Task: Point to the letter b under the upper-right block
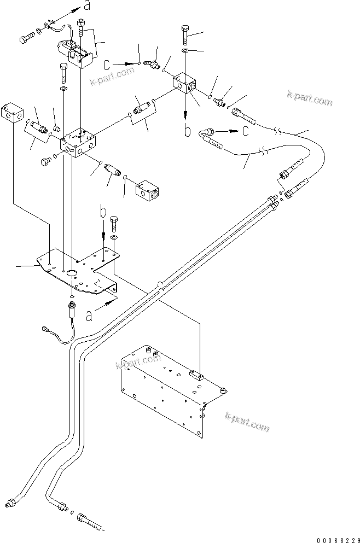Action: tap(187, 131)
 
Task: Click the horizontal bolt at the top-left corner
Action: tap(26, 39)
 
